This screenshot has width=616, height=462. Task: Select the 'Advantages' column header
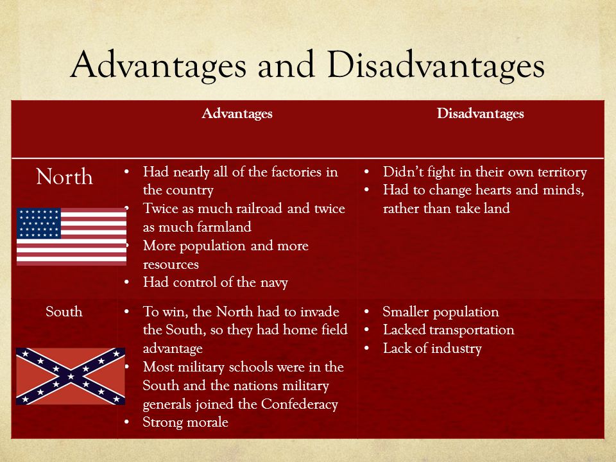pyautogui.click(x=237, y=114)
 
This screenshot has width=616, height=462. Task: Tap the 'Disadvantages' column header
pyautogui.click(x=480, y=114)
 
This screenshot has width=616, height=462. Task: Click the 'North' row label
pyautogui.click(x=64, y=177)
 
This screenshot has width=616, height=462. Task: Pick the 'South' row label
pyautogui.click(x=64, y=312)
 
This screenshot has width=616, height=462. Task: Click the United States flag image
pyautogui.click(x=71, y=236)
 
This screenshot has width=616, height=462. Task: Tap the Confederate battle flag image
pyautogui.click(x=71, y=376)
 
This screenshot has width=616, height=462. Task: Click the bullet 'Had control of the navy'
pyautogui.click(x=215, y=282)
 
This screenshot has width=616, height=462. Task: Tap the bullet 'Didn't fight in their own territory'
pyautogui.click(x=484, y=173)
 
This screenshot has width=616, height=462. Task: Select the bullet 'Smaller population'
pyautogui.click(x=440, y=312)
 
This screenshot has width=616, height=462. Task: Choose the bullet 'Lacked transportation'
pyautogui.click(x=448, y=330)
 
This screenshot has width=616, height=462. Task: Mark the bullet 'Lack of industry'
pyautogui.click(x=432, y=349)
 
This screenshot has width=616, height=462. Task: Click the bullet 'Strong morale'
pyautogui.click(x=185, y=422)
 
